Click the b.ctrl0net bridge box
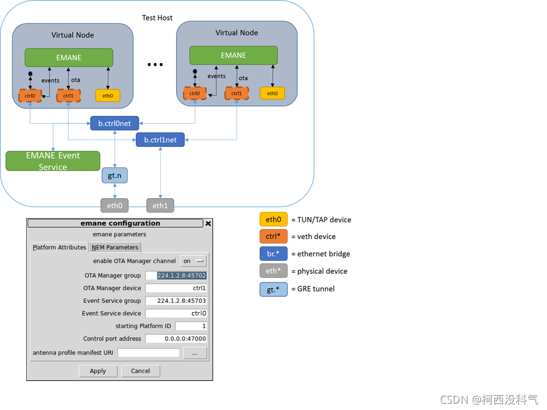tap(115, 123)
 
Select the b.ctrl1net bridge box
tap(160, 140)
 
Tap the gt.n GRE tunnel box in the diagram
tap(115, 175)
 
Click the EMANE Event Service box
tap(53, 161)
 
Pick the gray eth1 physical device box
tap(160, 206)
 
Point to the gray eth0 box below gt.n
tap(115, 206)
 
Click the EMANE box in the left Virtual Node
tap(69, 58)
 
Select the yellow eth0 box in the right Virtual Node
tap(272, 93)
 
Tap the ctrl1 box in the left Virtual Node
tap(68, 96)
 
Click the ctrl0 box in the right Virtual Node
tap(195, 93)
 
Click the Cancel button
tap(141, 371)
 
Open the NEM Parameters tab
tap(115, 247)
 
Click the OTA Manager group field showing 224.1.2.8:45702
tap(176, 276)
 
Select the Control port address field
tap(176, 338)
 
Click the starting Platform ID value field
tap(191, 326)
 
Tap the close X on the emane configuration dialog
tap(209, 223)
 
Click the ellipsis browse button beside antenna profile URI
tap(195, 353)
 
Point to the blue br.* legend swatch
tap(273, 253)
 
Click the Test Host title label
tap(157, 18)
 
